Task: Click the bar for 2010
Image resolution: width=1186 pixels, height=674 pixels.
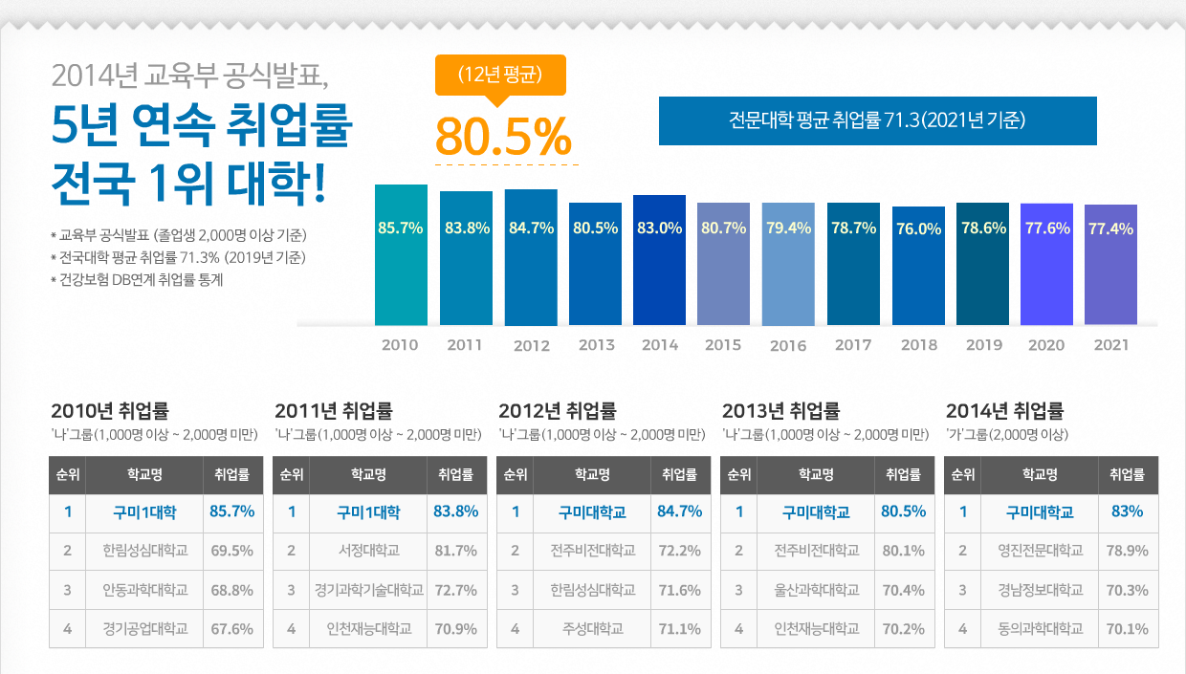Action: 401,255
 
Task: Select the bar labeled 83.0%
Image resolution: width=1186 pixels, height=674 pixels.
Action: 659,260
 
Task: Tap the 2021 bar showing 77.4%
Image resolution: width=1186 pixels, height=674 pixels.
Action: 1110,265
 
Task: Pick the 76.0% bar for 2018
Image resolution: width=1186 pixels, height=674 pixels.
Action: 918,266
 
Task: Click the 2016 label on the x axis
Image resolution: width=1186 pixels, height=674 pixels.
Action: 788,346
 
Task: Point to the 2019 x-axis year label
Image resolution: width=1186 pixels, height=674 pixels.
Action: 984,345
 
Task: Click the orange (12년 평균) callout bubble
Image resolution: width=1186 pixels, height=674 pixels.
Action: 500,76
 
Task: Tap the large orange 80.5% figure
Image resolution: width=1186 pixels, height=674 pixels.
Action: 503,137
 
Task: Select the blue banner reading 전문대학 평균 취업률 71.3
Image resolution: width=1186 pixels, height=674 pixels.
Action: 877,120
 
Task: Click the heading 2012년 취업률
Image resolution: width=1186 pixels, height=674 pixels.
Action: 557,411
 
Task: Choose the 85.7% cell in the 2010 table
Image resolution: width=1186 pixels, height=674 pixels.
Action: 231,512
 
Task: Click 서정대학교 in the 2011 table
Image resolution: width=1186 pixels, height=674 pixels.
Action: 368,551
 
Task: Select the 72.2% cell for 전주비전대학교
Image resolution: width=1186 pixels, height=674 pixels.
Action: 679,551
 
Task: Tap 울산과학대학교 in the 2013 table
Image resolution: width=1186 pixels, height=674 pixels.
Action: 816,590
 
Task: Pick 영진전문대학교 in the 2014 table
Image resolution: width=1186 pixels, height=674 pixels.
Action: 1040,551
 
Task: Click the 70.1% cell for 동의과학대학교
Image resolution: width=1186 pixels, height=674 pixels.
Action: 1127,629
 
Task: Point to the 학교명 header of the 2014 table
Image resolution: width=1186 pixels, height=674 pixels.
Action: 1040,474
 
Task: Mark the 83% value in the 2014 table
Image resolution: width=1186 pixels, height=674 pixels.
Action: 1127,512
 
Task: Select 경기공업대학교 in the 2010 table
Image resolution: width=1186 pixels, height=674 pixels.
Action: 144,629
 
